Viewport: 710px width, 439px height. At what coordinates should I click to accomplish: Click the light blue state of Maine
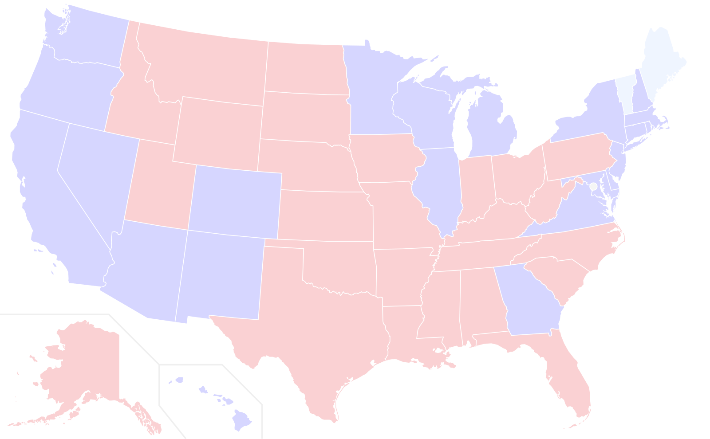663,62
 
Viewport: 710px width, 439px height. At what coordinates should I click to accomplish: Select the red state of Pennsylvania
577,157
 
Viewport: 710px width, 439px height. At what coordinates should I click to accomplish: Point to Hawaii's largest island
242,419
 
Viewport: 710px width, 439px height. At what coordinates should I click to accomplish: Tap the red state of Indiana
476,186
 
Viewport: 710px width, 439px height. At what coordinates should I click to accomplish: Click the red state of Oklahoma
342,268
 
